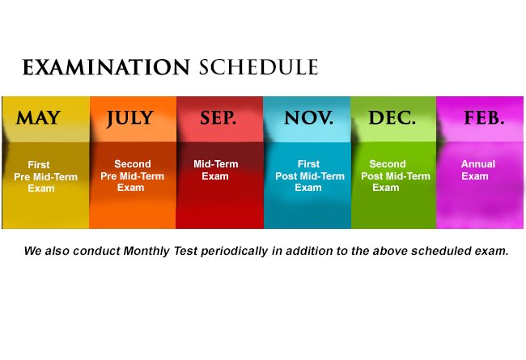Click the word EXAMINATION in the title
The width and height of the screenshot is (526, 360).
(106, 67)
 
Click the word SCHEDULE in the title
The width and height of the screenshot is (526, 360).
(258, 67)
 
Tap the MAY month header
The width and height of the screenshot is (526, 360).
(38, 118)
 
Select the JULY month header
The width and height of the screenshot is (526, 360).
(129, 118)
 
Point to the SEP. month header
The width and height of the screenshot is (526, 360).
(218, 118)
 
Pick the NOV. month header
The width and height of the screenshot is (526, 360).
(308, 118)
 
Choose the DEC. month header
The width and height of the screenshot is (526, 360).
(392, 118)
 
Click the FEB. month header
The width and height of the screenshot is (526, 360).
(484, 118)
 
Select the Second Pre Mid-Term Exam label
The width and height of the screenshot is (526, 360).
(132, 176)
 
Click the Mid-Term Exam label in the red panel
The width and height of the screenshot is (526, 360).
(216, 170)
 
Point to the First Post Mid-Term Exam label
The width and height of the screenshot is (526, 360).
(310, 176)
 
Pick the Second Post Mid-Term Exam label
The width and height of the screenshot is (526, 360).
(396, 176)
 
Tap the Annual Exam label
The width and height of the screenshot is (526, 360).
(478, 170)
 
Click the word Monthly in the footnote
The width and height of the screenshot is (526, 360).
(146, 251)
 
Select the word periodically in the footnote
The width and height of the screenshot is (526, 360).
(234, 252)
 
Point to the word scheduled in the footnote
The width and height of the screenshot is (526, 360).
(441, 251)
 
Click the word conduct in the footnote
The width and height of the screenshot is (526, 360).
(96, 251)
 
